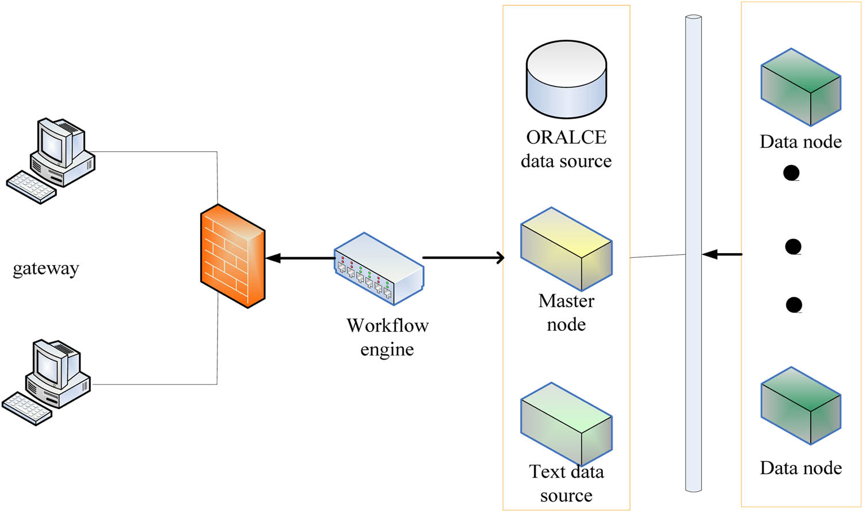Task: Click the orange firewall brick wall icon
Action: coord(232,256)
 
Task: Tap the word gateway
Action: coord(45,269)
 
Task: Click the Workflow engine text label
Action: coord(387,337)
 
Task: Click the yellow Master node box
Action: coord(566,249)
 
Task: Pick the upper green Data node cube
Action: coord(801,87)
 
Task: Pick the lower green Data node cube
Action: coord(801,406)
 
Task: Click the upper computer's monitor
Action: coord(54,143)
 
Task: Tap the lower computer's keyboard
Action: coord(26,408)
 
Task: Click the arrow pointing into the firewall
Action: coord(299,258)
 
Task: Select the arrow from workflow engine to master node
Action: coord(463,258)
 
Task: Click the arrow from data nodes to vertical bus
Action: coord(722,254)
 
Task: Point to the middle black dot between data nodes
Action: coord(793,247)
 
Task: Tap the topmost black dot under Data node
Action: coord(792,173)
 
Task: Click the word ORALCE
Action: coord(566,137)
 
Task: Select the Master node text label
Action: coord(566,312)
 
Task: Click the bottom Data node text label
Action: coord(801,468)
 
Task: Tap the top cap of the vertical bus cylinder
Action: coord(693,18)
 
